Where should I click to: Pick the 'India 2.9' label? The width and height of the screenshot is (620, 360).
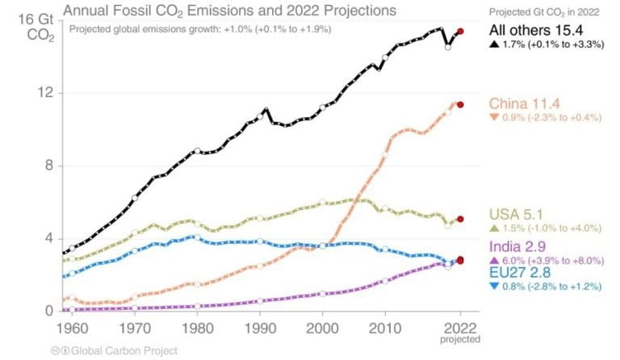pos(522,245)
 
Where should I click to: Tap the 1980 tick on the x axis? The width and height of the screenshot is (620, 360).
pos(198,329)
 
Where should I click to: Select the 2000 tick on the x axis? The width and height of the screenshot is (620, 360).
pos(323,329)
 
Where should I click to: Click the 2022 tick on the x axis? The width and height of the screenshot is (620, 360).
pos(460,329)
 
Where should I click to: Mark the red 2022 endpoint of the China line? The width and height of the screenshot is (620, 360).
pos(460,104)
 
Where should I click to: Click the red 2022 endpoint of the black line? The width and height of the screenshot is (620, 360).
pos(460,31)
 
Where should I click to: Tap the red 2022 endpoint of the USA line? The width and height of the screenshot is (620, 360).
pos(460,219)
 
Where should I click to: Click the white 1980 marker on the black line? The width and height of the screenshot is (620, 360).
pos(198,151)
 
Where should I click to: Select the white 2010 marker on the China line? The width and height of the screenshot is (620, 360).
pos(385,155)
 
